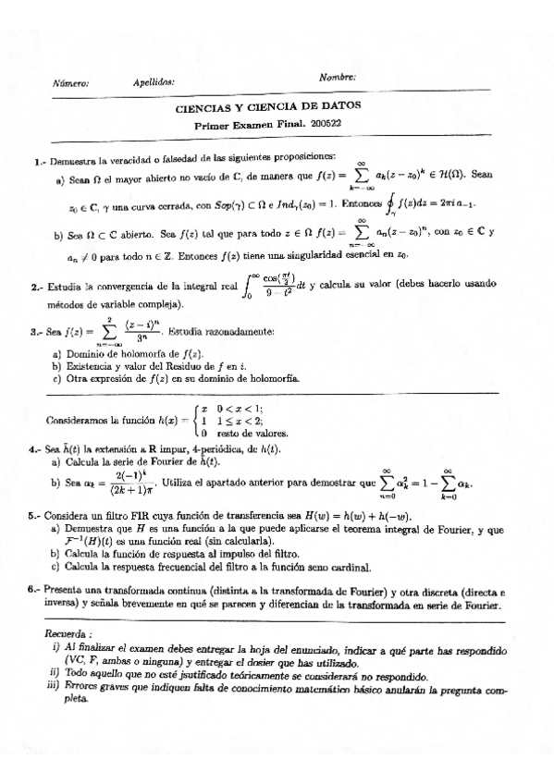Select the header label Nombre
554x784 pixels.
(337, 77)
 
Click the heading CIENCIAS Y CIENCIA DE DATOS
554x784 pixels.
(268, 107)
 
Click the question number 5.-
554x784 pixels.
(34, 518)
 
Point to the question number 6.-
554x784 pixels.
(33, 588)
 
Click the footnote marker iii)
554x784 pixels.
(53, 687)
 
